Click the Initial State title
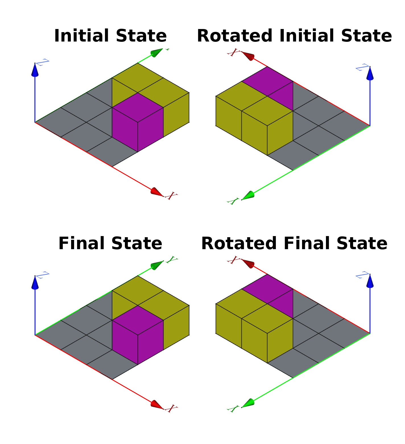pyautogui.click(x=110, y=36)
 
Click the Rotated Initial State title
pyautogui.click(x=294, y=36)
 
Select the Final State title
pyautogui.click(x=110, y=243)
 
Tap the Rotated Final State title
pyautogui.click(x=294, y=243)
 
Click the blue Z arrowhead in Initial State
pyautogui.click(x=35, y=70)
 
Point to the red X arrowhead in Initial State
pyautogui.click(x=156, y=192)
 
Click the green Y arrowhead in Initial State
pyautogui.click(x=156, y=53)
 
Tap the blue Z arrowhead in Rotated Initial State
pyautogui.click(x=370, y=73)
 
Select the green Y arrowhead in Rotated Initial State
pyautogui.click(x=248, y=196)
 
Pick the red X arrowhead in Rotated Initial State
pyautogui.click(x=248, y=56)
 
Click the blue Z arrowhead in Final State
pyautogui.click(x=35, y=283)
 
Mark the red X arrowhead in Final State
pyautogui.click(x=156, y=404)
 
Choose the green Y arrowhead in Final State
pyautogui.click(x=157, y=265)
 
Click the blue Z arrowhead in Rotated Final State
pyautogui.click(x=370, y=281)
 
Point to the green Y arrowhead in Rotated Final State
pyautogui.click(x=248, y=403)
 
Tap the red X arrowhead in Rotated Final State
pyautogui.click(x=248, y=264)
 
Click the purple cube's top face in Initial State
pyautogui.click(x=138, y=107)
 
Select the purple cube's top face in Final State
pyautogui.click(x=138, y=320)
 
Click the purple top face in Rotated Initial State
pyautogui.click(x=267, y=81)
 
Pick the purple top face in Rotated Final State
pyautogui.click(x=267, y=289)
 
